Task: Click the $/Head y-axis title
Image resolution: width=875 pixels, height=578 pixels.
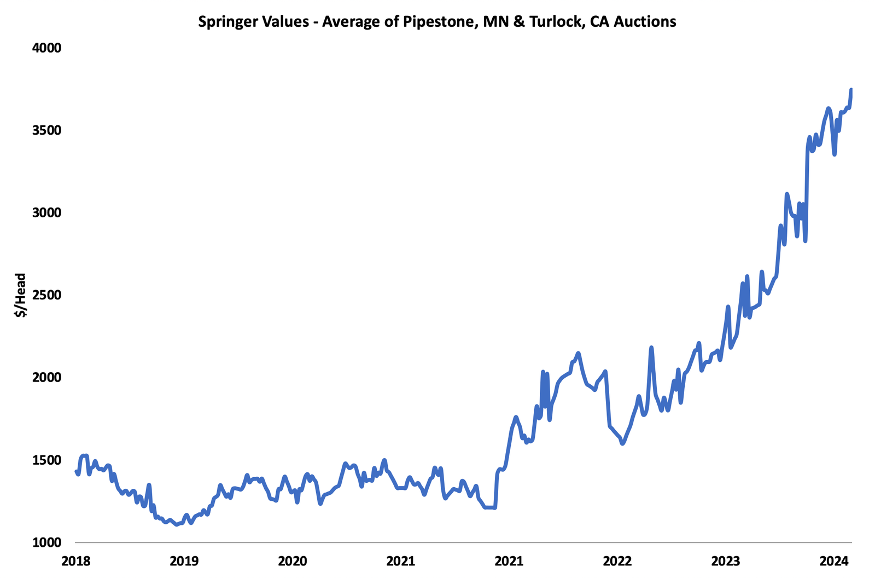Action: point(21,295)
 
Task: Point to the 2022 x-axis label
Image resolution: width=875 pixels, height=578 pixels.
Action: point(617,561)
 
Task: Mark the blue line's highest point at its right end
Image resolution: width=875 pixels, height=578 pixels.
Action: point(851,89)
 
